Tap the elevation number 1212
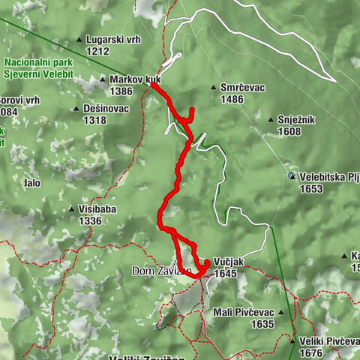point(98,51)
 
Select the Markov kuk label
point(135,79)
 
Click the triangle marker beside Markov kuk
point(103,79)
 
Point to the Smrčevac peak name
point(243,88)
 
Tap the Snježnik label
point(299,120)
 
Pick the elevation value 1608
point(290,131)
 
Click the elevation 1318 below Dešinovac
point(94,120)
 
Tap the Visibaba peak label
point(97,210)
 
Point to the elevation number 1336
point(89,221)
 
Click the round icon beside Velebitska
point(292,177)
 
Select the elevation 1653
point(312,189)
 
